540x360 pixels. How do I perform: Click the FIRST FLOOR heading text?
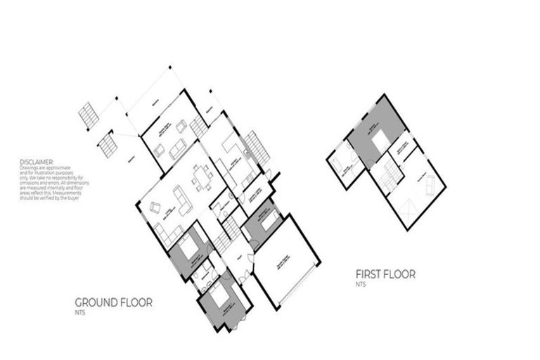385,274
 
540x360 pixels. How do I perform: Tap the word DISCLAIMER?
36,161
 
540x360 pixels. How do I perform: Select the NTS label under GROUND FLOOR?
79,311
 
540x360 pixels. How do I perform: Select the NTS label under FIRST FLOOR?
359,284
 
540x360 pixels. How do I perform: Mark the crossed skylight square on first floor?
409,207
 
